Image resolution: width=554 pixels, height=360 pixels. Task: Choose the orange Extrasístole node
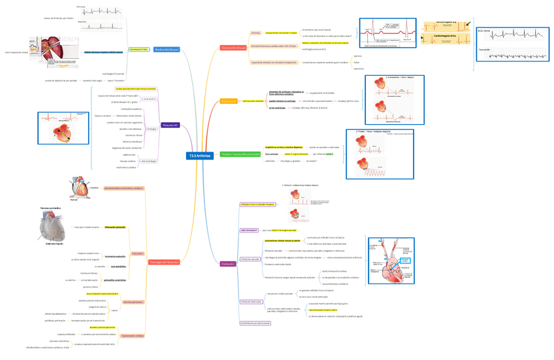pyautogui.click(x=229, y=101)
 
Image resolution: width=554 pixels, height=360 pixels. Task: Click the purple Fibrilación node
pyautogui.click(x=228, y=264)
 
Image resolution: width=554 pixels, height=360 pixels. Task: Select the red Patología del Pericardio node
pyautogui.click(x=164, y=262)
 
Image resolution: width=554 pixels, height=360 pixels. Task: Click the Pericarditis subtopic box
pyautogui.click(x=138, y=253)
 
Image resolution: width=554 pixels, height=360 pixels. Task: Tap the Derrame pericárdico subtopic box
pyautogui.click(x=133, y=303)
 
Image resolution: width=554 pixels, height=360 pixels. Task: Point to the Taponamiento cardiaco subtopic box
pyautogui.click(x=133, y=336)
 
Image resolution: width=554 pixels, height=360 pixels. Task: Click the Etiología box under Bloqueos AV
pyautogui.click(x=152, y=129)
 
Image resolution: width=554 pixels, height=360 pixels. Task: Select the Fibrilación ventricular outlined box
pyautogui.click(x=250, y=301)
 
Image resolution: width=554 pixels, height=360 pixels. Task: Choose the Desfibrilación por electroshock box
pyautogui.click(x=255, y=323)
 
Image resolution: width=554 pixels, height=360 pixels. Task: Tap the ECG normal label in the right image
pyautogui.click(x=484, y=30)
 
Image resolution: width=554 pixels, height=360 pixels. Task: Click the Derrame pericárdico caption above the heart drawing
pyautogui.click(x=50, y=208)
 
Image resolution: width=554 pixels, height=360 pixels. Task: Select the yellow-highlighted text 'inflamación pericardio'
pyautogui.click(x=115, y=227)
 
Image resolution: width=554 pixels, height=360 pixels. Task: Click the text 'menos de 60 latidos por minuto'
pyautogui.click(x=59, y=18)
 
